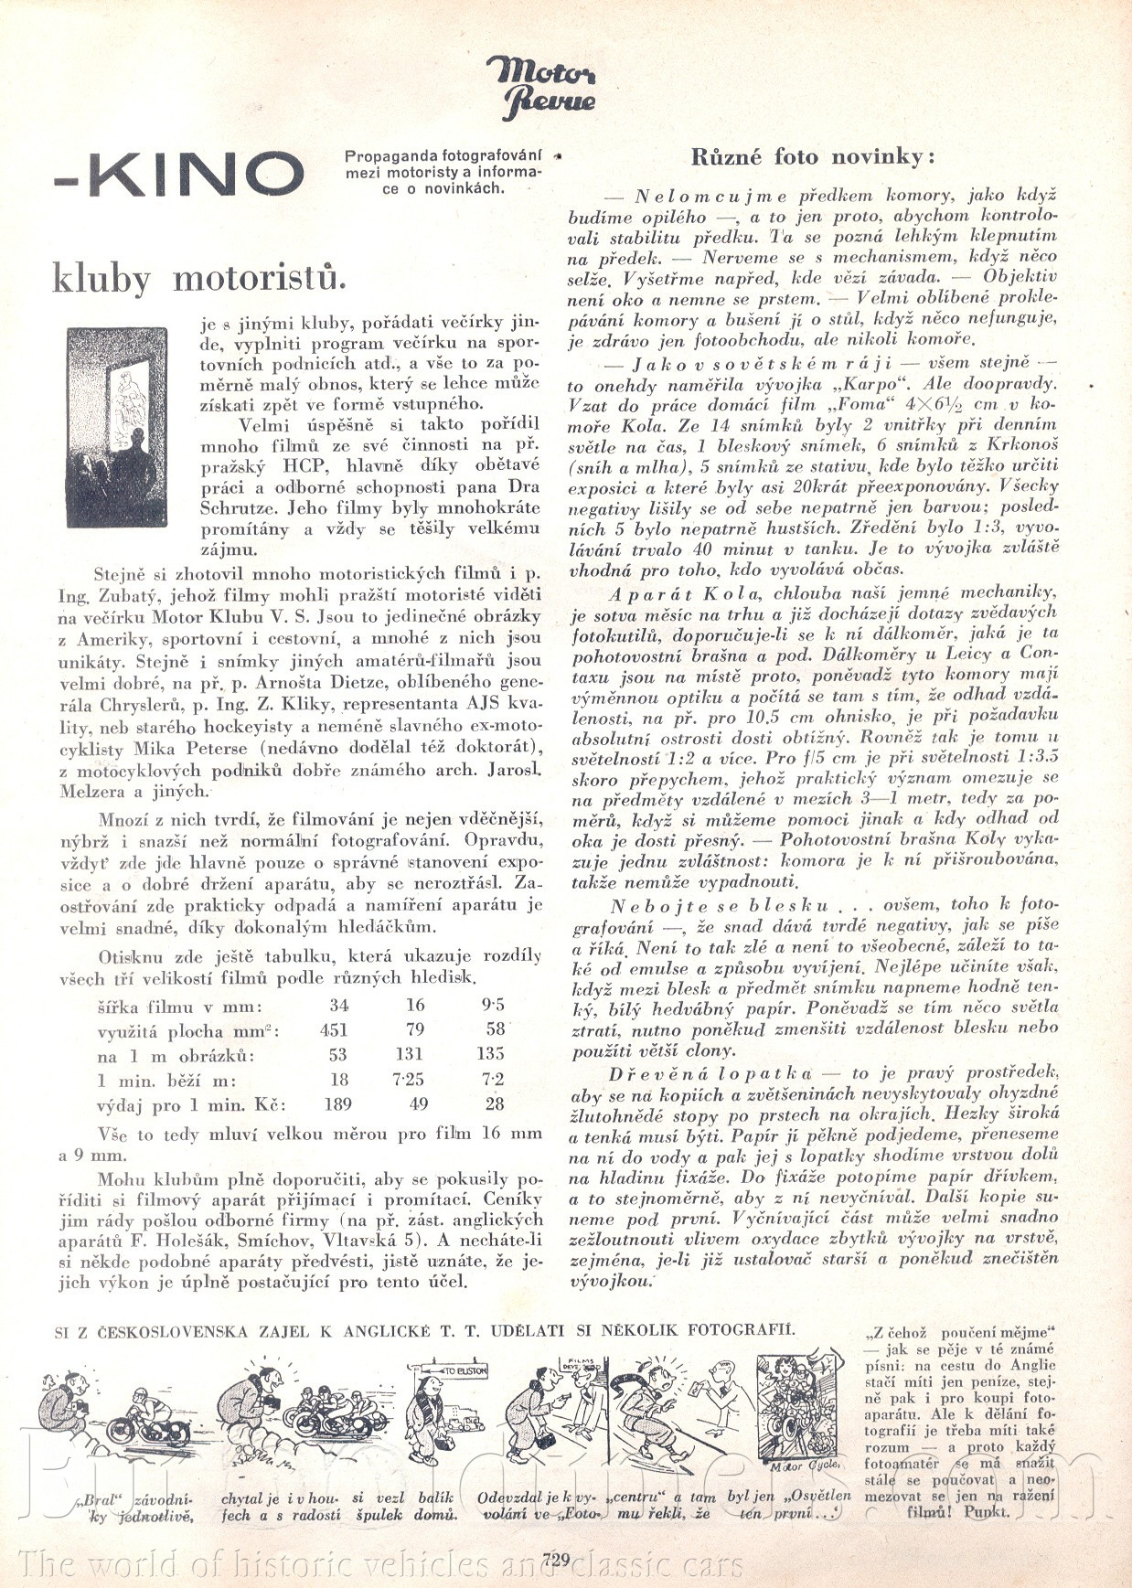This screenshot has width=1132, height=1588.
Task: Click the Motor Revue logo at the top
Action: click(539, 87)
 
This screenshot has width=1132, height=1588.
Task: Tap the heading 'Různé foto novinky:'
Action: click(813, 156)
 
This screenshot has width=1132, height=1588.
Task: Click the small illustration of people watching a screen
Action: click(117, 427)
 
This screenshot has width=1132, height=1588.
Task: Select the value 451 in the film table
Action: click(335, 1030)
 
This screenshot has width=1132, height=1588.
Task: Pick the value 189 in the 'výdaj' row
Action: click(337, 1103)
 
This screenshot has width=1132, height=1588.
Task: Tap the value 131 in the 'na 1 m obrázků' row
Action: click(413, 1054)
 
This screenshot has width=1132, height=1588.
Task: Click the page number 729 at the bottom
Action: click(555, 1559)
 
